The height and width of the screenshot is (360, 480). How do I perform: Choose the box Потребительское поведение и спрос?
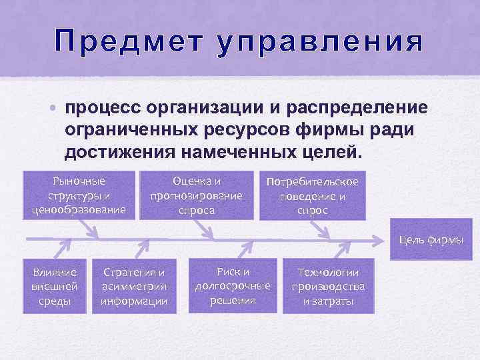pyautogui.click(x=313, y=196)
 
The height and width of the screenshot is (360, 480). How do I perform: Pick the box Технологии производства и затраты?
pyautogui.click(x=328, y=286)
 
